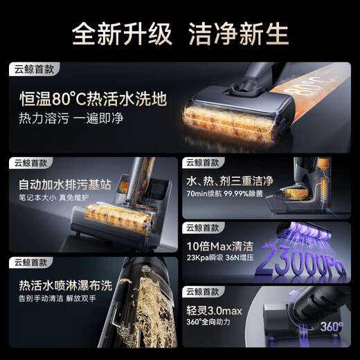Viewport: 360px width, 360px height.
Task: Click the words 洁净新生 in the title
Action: click(x=240, y=33)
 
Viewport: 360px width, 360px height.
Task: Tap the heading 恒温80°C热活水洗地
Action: click(x=93, y=99)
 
